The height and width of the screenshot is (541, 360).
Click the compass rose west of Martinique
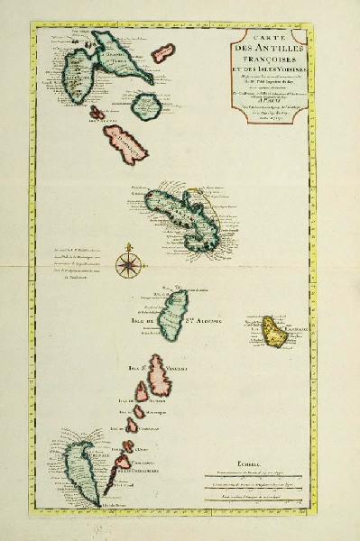(126, 262)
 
